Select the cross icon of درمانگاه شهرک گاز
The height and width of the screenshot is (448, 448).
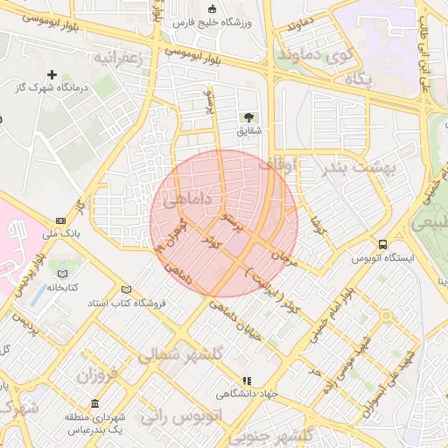click(52, 75)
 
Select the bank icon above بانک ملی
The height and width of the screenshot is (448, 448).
click(60, 220)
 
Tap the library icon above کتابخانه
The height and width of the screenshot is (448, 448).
click(62, 274)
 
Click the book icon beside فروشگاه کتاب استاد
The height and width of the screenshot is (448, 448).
click(128, 290)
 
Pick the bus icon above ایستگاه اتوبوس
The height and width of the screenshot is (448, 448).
click(382, 244)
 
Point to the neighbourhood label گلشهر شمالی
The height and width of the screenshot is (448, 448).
click(181, 356)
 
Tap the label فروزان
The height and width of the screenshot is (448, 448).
click(97, 378)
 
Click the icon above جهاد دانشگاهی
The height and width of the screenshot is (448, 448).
click(246, 381)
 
